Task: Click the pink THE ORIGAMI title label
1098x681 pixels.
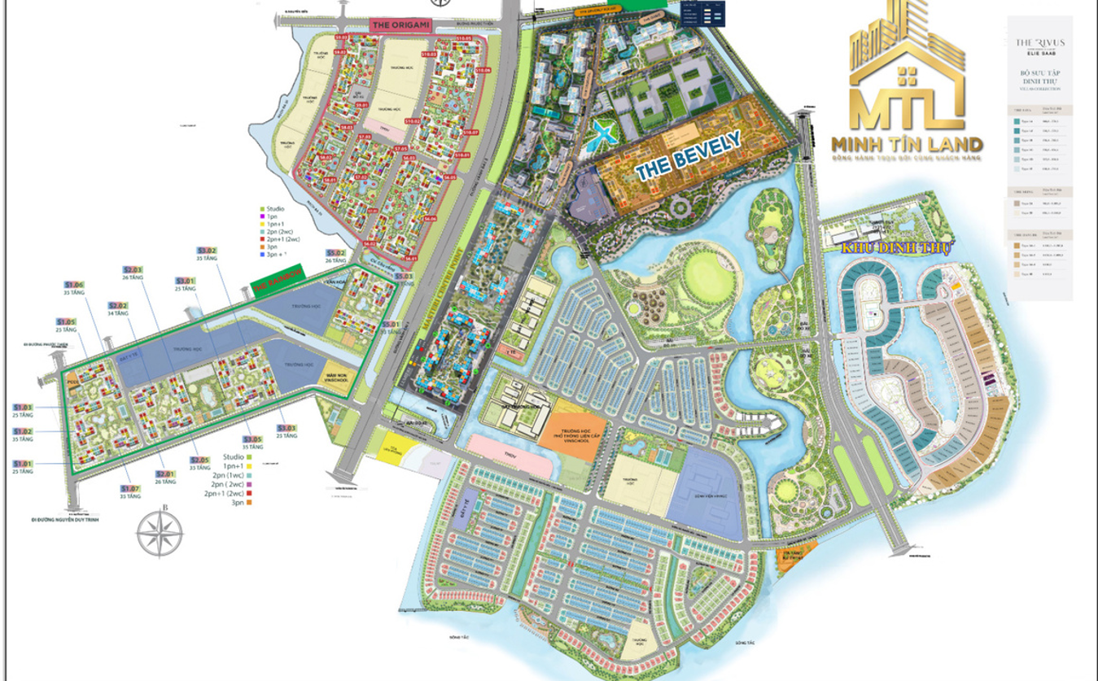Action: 392,25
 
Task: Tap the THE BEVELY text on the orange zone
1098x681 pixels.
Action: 688,155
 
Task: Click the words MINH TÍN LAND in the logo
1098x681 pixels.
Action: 907,144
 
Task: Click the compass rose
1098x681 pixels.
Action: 160,533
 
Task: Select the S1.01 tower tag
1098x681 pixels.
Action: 23,464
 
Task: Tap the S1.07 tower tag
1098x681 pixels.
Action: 130,488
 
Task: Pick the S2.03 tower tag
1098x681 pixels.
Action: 133,269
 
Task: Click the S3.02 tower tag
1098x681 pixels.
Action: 208,250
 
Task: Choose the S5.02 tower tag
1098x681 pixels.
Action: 335,253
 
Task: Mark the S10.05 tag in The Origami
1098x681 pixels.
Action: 464,38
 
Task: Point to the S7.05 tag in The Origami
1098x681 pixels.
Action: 400,149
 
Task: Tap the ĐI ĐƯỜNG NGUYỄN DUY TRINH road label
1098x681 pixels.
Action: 64,517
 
